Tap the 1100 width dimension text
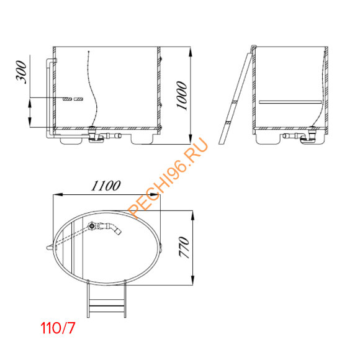pyautogui.click(x=106, y=186)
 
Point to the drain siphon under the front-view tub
pyautogui.click(x=96, y=137)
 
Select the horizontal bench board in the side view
pyautogui.click(x=290, y=100)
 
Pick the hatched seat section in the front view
pyautogui.click(x=72, y=99)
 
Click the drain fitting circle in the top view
pyautogui.click(x=92, y=227)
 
